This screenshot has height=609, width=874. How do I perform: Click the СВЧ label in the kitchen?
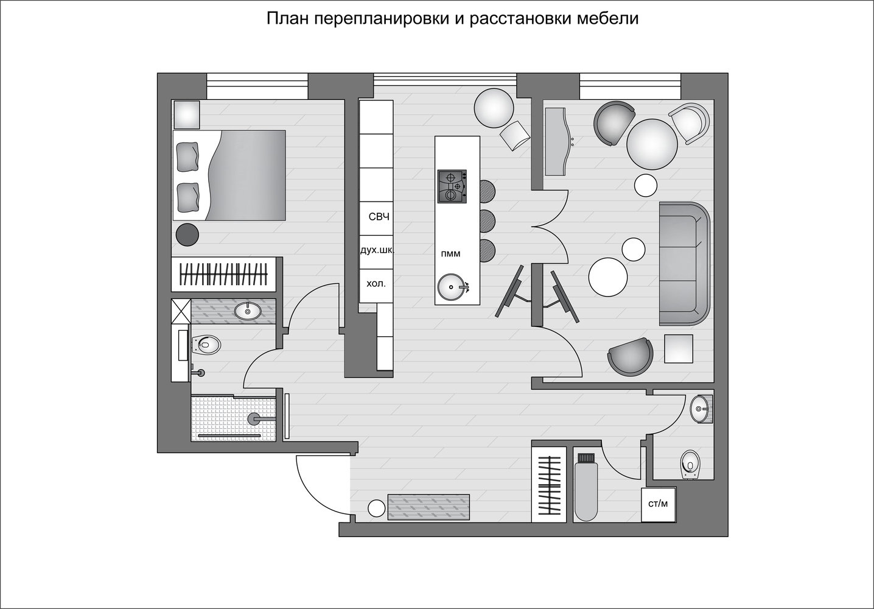[x=379, y=217]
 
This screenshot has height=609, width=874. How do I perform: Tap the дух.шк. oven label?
[x=377, y=250]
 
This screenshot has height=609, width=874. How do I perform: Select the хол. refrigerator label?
[x=376, y=284]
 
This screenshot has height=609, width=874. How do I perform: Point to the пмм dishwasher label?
[x=450, y=254]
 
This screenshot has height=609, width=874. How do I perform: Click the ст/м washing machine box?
[x=659, y=504]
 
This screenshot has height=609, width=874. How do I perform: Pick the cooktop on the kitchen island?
[x=452, y=186]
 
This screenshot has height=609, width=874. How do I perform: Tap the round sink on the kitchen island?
[x=452, y=287]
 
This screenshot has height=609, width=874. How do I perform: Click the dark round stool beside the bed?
[x=187, y=234]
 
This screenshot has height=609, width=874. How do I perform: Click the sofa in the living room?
[x=685, y=264]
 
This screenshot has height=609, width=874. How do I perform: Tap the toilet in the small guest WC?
[x=690, y=465]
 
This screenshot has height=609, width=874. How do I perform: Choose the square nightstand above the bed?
[x=186, y=114]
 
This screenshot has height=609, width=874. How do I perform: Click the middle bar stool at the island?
[x=488, y=220]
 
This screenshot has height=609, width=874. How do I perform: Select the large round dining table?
[x=652, y=144]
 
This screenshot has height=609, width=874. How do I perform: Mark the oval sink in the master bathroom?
[x=248, y=311]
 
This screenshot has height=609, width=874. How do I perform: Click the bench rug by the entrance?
[x=428, y=507]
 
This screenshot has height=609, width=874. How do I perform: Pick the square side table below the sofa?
[x=679, y=349]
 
